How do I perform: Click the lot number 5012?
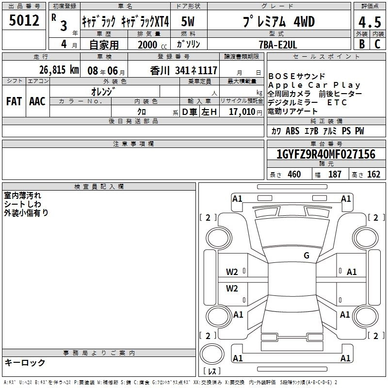24,20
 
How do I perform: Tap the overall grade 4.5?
370,22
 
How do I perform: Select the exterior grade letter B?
362,44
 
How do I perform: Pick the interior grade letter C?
377,44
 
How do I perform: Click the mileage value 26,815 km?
59,70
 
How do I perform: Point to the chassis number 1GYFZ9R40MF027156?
326,154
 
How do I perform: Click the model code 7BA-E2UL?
277,45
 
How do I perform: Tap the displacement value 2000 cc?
152,45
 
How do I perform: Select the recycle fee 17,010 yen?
245,112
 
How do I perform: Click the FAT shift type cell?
14,101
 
